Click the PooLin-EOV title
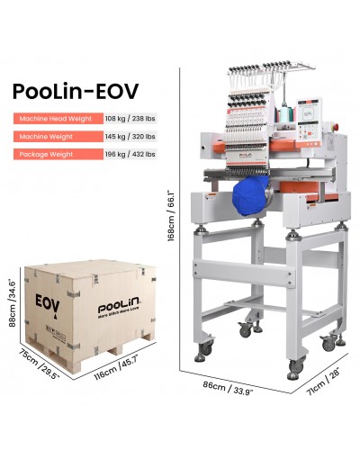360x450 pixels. (76, 91)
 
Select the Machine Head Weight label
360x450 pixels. (56, 119)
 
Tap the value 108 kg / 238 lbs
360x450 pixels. (130, 119)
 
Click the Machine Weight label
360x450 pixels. (46, 137)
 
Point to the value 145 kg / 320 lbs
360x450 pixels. (130, 137)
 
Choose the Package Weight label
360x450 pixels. (46, 155)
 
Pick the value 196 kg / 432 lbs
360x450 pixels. (130, 155)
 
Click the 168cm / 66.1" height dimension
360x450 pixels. (172, 216)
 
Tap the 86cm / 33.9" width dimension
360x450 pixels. (228, 388)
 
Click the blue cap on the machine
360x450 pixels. (251, 195)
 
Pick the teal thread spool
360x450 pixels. (283, 115)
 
